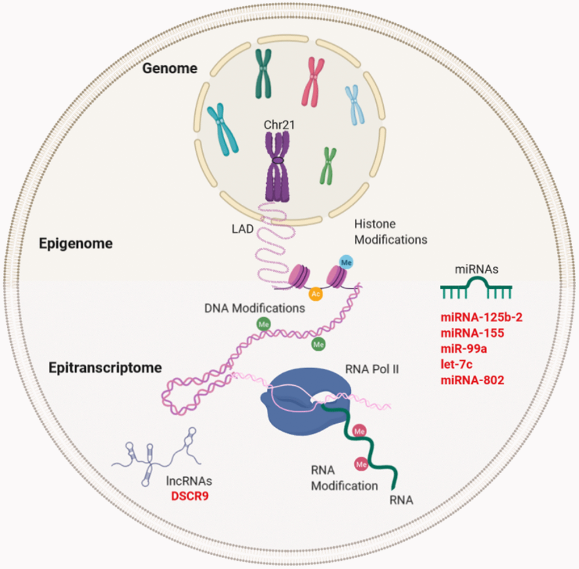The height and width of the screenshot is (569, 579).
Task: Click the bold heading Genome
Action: [x=170, y=69]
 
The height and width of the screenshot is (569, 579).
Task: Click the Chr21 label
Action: [x=278, y=124]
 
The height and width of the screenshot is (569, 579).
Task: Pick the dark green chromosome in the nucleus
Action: [x=263, y=73]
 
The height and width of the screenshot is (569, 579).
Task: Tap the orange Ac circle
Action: [x=316, y=294]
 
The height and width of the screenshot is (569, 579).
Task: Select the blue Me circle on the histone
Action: [x=346, y=262]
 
